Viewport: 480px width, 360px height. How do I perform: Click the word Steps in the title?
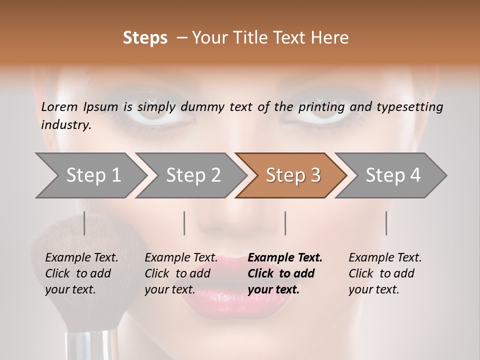145,38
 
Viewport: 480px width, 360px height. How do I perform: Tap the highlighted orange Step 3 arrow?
292,175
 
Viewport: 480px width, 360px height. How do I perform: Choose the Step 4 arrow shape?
392,175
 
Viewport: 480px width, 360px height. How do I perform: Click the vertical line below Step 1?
84,223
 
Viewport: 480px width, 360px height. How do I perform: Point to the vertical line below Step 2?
184,223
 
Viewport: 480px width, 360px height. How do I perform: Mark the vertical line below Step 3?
285,223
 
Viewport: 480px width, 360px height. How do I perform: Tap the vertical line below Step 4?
386,223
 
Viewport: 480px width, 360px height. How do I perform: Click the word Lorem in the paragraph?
59,106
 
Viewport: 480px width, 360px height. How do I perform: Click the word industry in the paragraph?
65,124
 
